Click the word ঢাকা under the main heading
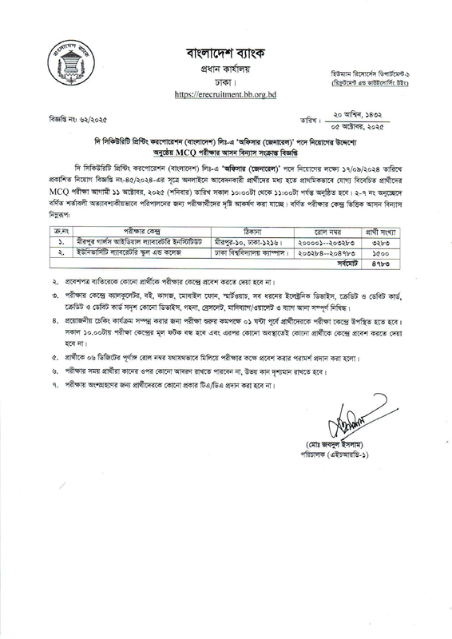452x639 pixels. [225, 82]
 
